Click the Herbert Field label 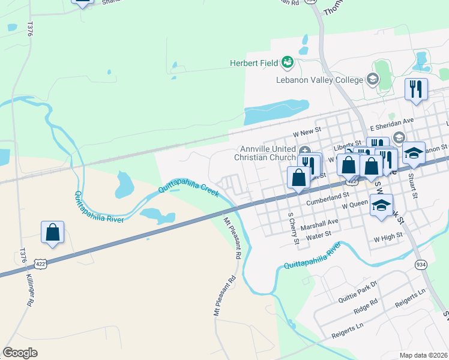coord(255,63)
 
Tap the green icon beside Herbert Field coord(288,62)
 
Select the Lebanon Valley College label coord(320,80)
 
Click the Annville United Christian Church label coord(267,153)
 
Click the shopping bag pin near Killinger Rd coord(53,232)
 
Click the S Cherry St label coord(294,229)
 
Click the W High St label coord(387,238)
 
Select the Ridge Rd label coord(366,305)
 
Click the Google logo coord(20,353)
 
